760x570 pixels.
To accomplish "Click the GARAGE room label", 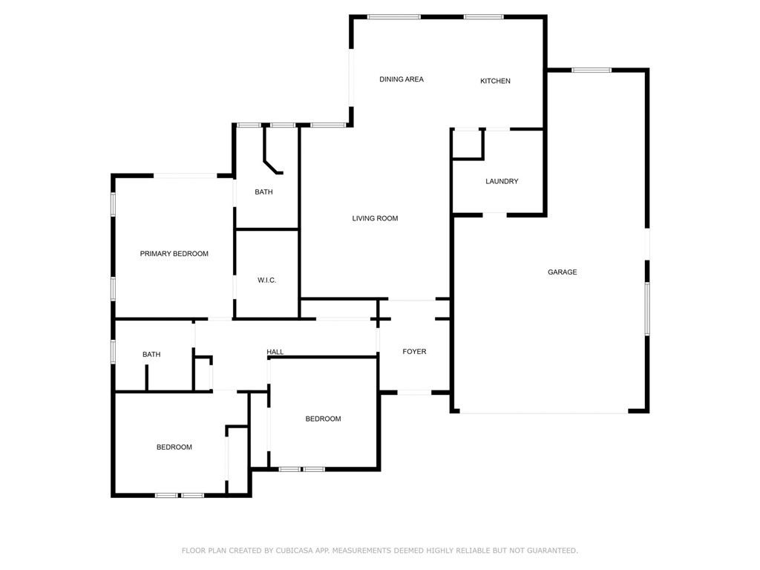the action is point(563,272).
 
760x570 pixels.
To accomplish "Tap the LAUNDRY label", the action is point(502,181).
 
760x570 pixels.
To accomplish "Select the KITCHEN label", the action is point(495,81).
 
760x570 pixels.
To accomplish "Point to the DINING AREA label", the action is point(402,79).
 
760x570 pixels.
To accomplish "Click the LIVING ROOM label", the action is point(375,219).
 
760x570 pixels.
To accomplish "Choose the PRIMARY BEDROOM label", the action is point(174,254).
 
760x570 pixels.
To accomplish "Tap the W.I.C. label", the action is point(266,280).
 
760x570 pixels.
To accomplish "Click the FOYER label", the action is point(414,351).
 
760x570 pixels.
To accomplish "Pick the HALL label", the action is point(275,352).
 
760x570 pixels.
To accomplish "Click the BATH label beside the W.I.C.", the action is point(263,192).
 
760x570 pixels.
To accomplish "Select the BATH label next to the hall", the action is point(151,354).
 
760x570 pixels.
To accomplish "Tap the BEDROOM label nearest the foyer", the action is point(323,419).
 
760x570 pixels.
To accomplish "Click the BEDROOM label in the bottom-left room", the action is point(174,447).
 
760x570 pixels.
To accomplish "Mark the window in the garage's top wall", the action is point(592,71).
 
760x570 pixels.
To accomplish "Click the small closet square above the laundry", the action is point(468,144).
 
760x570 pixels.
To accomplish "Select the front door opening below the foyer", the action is point(414,392).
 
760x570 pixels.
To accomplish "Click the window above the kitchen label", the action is point(484,17).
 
